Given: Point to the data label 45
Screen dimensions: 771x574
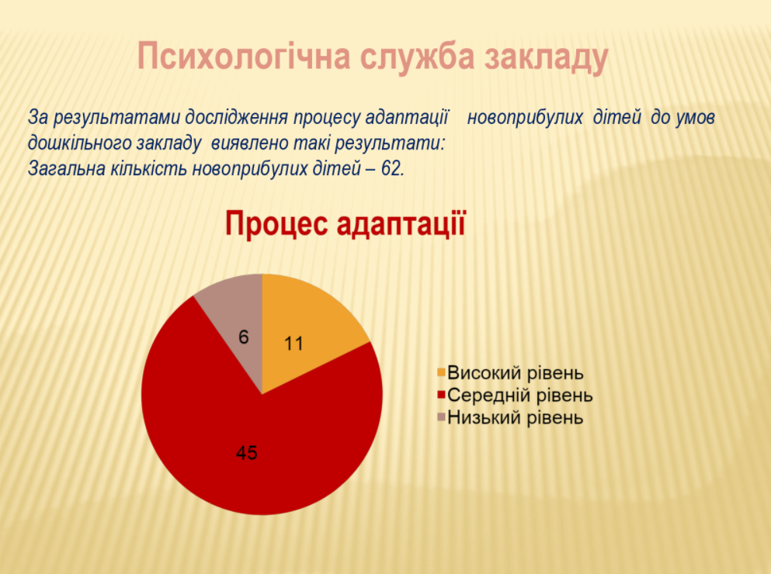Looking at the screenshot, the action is tap(246, 453).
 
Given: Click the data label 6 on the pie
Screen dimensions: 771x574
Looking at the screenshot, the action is tap(243, 337).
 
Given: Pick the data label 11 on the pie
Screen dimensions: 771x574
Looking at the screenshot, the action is tap(293, 344).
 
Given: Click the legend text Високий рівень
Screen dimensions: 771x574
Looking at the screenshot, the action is tap(516, 374).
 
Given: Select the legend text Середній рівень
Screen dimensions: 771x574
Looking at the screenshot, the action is tap(520, 395).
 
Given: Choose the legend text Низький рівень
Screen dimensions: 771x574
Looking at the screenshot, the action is tap(516, 418).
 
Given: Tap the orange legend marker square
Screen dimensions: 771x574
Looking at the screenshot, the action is tap(441, 372).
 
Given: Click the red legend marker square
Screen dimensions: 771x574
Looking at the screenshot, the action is tap(441, 394).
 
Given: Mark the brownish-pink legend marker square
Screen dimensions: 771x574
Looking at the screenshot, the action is tap(441, 417).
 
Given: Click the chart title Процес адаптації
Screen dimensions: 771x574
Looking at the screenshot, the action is tap(346, 224).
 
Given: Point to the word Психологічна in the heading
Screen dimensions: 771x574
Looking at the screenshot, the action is tap(244, 57).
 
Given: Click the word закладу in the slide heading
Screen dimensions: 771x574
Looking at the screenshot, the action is tap(547, 57).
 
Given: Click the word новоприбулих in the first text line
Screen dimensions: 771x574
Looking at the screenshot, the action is tap(525, 118).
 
